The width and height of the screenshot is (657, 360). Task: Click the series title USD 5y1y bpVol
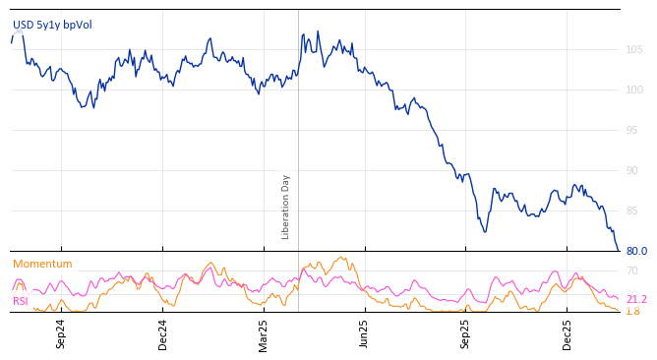(51, 25)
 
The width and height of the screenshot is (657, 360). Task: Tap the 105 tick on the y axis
(634, 50)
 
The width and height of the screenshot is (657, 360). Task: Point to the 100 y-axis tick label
(634, 90)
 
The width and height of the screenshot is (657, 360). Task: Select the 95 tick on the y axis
(634, 131)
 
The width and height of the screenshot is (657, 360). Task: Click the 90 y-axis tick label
(634, 171)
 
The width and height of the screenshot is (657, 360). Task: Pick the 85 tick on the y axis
(634, 211)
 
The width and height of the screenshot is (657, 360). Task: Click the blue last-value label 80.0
(636, 252)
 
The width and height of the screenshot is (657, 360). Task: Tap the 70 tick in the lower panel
(632, 271)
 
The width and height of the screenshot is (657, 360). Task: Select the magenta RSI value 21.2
(636, 300)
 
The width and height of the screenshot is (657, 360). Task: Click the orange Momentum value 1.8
(632, 312)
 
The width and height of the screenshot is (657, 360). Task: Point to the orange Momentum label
(42, 265)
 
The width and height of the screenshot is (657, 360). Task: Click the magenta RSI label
(20, 301)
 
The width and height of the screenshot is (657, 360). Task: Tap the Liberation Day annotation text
(286, 207)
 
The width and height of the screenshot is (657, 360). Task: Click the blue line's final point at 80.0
(619, 251)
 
